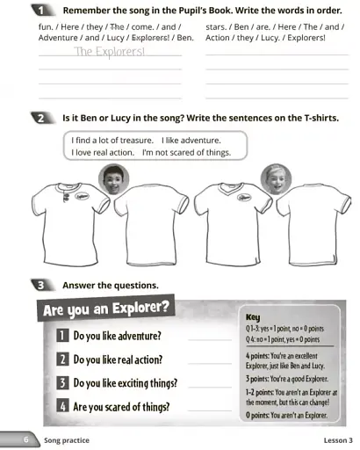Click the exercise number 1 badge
[x=41, y=10]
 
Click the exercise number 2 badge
[x=41, y=117]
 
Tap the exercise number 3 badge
[x=41, y=285]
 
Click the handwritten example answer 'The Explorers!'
[x=110, y=52]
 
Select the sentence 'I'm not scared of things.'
[x=186, y=152]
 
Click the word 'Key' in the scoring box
[x=253, y=317]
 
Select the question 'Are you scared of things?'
[x=120, y=406]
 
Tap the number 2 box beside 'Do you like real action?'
[x=63, y=359]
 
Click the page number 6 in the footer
[x=27, y=439]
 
